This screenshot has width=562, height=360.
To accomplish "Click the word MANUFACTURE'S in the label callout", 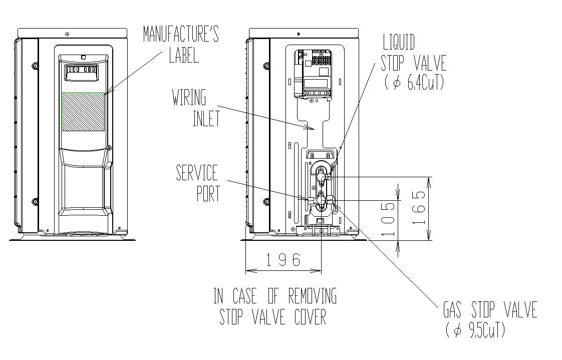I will (x=180, y=35).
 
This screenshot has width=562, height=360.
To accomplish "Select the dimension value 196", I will (x=283, y=260).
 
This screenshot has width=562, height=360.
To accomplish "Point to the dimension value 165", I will (x=422, y=208).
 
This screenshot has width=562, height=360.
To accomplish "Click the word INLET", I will (x=206, y=120).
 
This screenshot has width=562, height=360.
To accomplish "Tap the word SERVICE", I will (x=197, y=173).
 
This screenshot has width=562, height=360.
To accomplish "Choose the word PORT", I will (x=208, y=194).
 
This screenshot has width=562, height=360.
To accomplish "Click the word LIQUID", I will (x=399, y=42).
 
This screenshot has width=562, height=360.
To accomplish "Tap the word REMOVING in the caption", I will (x=312, y=296).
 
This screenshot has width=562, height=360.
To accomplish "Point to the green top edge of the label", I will (x=83, y=93).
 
